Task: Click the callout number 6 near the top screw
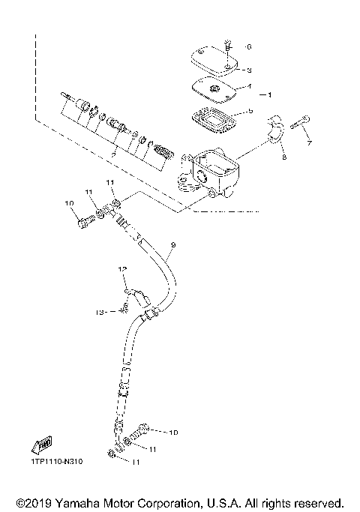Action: (249, 46)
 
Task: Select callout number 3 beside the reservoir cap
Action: (249, 70)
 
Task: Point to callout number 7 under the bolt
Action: (308, 142)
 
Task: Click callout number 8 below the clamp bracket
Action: (284, 157)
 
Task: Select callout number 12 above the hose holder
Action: (120, 268)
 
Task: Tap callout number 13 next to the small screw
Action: (98, 311)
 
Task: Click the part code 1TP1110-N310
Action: (57, 461)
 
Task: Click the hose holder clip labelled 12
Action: (135, 299)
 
